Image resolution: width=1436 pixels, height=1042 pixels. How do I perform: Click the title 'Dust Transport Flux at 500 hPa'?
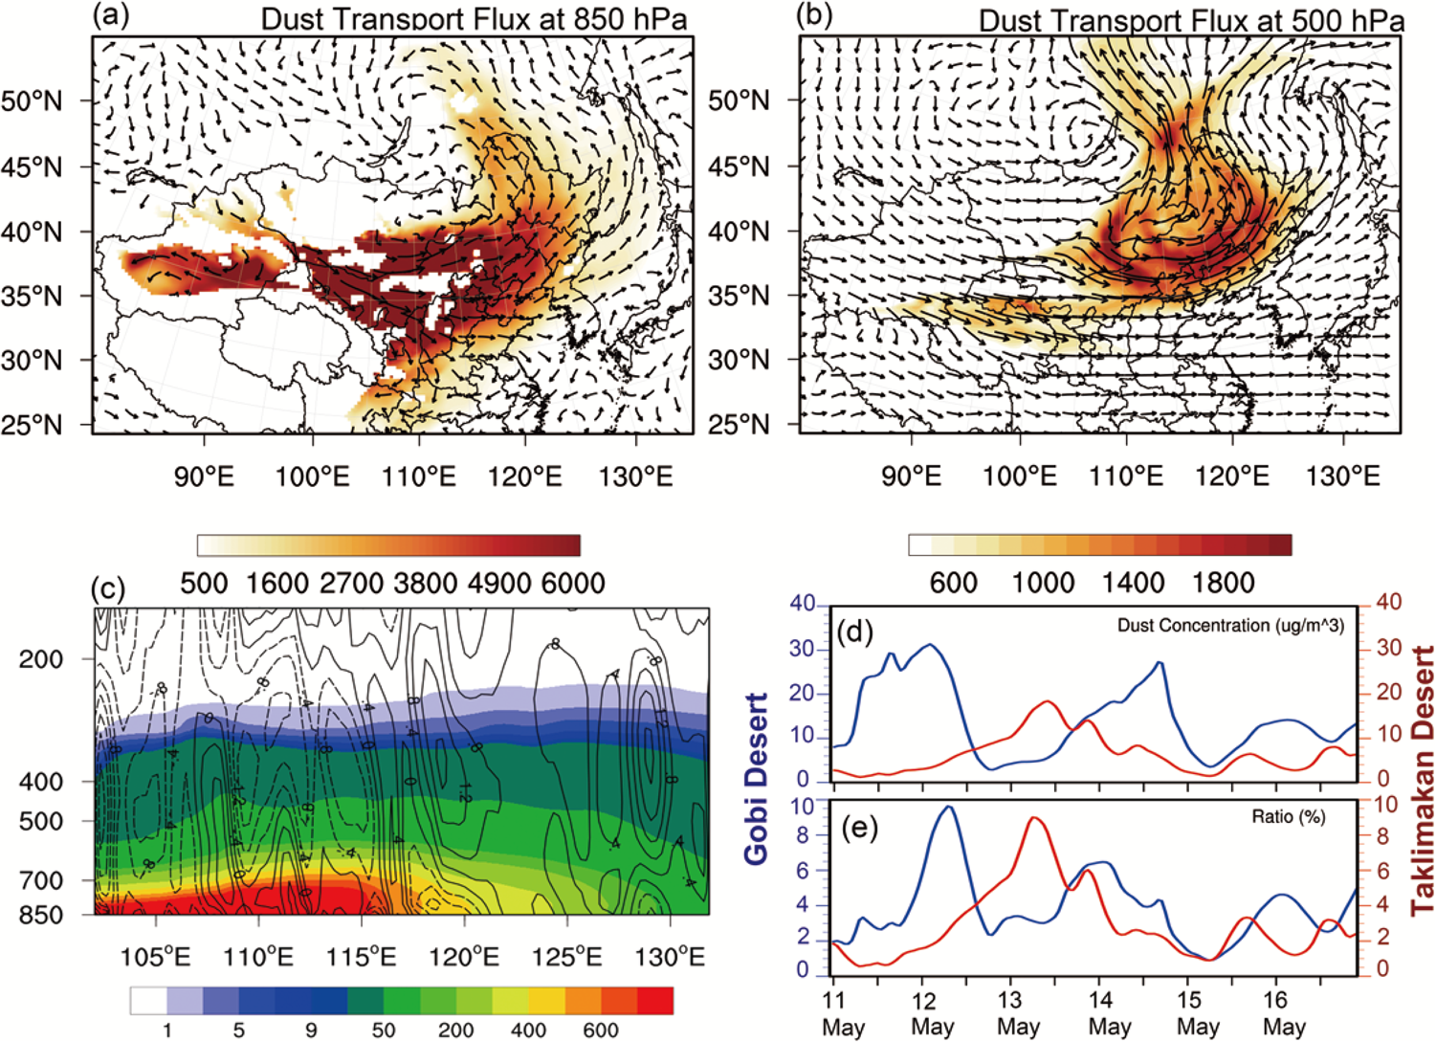point(1191,20)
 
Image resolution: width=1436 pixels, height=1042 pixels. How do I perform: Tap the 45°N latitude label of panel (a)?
point(32,167)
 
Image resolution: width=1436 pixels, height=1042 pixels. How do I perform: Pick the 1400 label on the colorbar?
point(1132,583)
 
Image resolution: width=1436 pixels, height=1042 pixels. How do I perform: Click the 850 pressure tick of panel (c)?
point(40,915)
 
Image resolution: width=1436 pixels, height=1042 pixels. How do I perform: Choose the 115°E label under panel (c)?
point(361,956)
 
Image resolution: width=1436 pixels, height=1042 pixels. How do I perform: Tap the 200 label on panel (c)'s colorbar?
point(455,1030)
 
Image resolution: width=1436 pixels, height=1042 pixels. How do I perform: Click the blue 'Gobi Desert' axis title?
point(757,779)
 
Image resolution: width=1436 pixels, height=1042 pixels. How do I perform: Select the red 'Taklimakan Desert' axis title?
point(1422,780)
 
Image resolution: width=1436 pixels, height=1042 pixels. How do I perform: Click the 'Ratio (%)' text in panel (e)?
point(1288,817)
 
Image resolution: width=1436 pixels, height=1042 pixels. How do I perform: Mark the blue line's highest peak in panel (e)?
point(947,807)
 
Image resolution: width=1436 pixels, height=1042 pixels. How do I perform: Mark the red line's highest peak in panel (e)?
point(1036,817)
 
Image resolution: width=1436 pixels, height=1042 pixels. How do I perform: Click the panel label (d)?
point(854,632)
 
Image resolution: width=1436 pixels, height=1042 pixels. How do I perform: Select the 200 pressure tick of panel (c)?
point(40,659)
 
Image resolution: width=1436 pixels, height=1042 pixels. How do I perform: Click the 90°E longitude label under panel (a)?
point(204,476)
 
